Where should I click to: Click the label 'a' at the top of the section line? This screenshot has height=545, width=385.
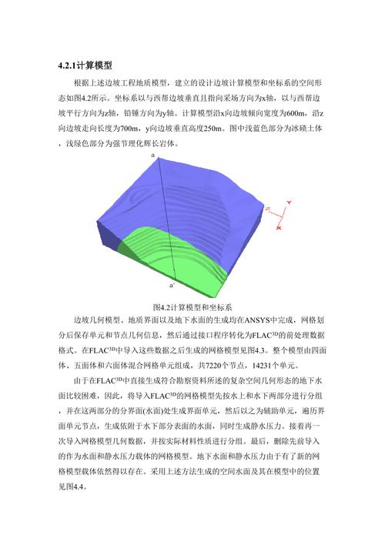[153, 155]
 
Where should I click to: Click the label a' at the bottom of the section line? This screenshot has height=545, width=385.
[172, 285]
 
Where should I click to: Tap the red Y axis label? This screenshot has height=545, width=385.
[288, 201]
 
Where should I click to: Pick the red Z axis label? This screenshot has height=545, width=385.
[267, 209]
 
